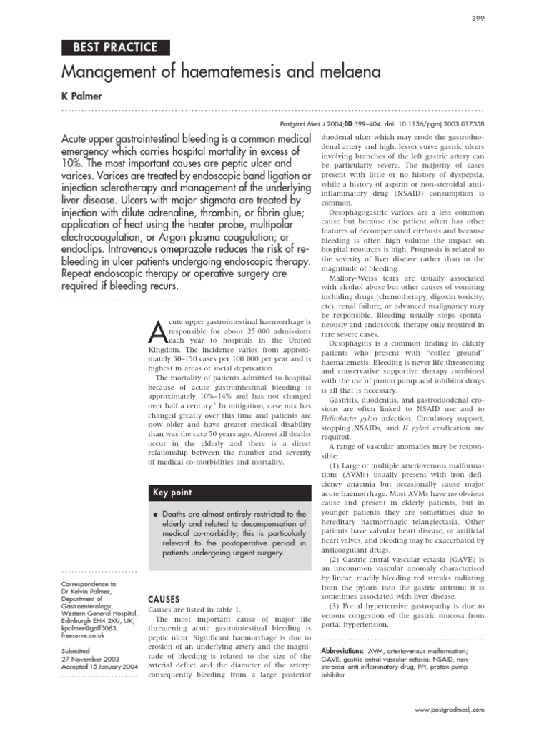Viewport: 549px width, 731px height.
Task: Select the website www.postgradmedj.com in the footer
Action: point(449,710)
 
